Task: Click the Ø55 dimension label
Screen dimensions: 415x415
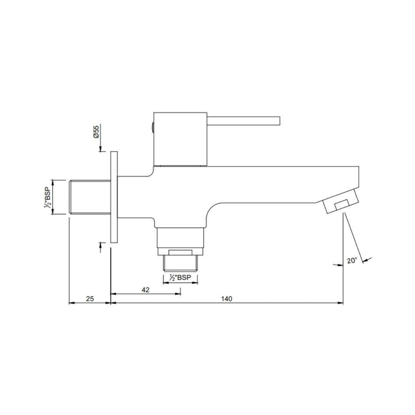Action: [96, 132]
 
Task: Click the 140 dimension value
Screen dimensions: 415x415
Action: [227, 299]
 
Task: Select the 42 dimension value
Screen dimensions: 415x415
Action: [145, 290]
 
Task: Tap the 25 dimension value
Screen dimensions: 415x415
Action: [90, 299]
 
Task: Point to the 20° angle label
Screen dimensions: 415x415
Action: [352, 261]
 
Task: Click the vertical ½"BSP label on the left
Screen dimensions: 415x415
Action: [47, 197]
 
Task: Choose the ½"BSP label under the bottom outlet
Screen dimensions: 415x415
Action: [180, 278]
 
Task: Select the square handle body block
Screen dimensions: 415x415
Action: [180, 139]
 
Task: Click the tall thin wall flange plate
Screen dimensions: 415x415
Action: [114, 197]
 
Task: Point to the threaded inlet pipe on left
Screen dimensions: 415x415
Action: [89, 197]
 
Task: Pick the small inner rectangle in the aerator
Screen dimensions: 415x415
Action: [342, 205]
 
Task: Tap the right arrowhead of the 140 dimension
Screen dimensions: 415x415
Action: [341, 303]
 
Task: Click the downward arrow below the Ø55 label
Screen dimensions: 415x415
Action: [101, 149]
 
